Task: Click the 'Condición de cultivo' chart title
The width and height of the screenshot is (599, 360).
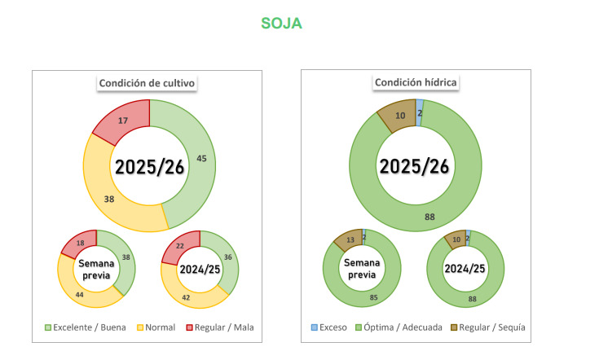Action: click(x=148, y=82)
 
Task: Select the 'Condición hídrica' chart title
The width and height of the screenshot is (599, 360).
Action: click(x=416, y=82)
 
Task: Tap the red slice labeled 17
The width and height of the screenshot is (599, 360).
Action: click(x=122, y=120)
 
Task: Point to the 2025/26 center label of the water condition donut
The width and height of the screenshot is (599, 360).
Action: click(x=415, y=165)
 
